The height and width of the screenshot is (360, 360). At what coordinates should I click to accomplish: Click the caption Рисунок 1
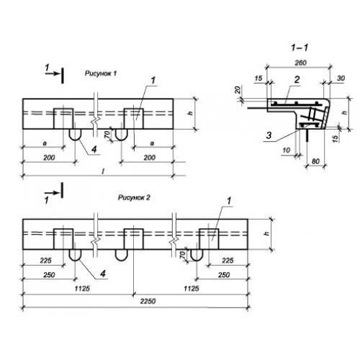point(101,73)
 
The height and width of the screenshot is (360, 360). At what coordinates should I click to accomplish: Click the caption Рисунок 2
point(134,197)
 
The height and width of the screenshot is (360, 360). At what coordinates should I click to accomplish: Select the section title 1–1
point(300,48)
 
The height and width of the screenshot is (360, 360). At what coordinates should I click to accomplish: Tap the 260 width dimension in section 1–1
point(300,63)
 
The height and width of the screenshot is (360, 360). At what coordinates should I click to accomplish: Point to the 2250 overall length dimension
point(148,301)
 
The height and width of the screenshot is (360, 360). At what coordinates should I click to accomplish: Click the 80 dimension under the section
point(315,161)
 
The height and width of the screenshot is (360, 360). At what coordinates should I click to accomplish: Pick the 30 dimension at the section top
point(341,78)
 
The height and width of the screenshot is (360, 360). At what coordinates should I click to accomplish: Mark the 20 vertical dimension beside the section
point(238,90)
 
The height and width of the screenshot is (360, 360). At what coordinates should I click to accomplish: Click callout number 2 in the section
point(297,79)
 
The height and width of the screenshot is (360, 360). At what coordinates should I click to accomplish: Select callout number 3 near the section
point(269,135)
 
